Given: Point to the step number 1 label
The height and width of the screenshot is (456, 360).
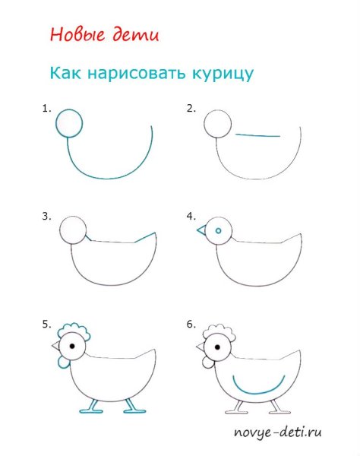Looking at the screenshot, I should pyautogui.click(x=46, y=109).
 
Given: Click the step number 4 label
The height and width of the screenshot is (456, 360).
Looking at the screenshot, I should pyautogui.click(x=191, y=216).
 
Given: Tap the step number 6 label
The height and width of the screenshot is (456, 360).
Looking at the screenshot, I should pyautogui.click(x=191, y=325).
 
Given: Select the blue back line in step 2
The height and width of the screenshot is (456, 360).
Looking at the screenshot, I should pyautogui.click(x=258, y=136).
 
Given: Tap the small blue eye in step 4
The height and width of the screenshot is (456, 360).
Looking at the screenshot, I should pyautogui.click(x=219, y=230).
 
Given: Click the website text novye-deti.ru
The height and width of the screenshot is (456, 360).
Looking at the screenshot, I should pyautogui.click(x=277, y=433).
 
